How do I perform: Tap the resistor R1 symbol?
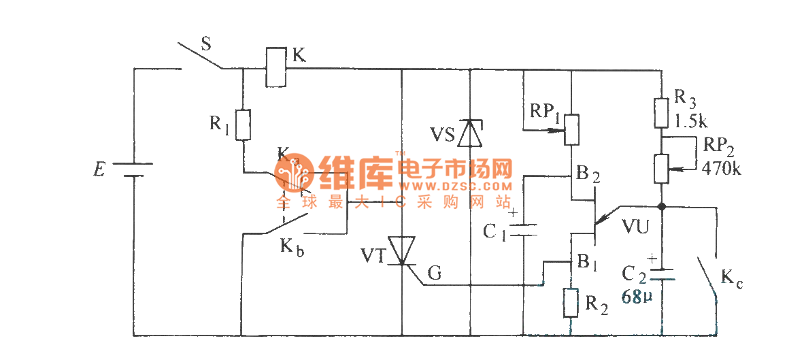[x=242, y=125]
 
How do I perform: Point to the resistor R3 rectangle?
[x=661, y=113]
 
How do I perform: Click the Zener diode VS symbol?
[x=470, y=133]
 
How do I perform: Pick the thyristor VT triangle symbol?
[x=402, y=250]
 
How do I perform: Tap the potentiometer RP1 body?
[x=571, y=130]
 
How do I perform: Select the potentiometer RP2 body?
[x=661, y=168]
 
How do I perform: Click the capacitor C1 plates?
[x=523, y=230]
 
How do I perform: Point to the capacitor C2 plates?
[x=661, y=274]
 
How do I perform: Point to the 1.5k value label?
[x=692, y=122]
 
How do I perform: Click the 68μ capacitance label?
[x=637, y=296]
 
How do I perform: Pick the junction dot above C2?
[x=661, y=205]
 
